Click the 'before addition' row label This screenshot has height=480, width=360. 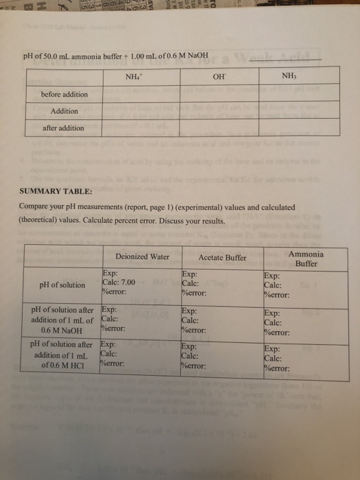click(x=64, y=93)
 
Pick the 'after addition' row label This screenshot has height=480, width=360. click(x=62, y=128)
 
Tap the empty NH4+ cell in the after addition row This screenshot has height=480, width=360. click(x=145, y=128)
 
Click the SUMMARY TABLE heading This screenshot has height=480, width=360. click(x=58, y=194)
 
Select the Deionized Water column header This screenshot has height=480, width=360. click(x=143, y=257)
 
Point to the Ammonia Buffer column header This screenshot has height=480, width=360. click(x=306, y=259)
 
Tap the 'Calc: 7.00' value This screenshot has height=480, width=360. click(x=123, y=281)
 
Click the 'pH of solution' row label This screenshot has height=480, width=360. click(x=64, y=284)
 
